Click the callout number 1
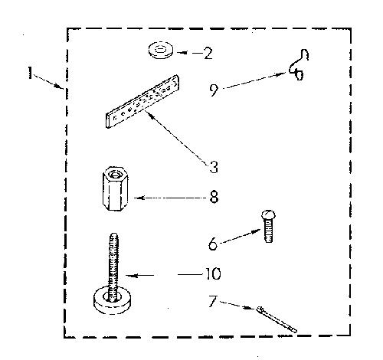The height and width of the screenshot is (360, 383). point(30,73)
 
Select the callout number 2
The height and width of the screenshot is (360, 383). point(208,54)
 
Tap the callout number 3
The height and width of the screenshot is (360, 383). point(213,167)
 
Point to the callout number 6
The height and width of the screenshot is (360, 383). point(213,244)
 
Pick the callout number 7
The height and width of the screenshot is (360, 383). point(213,301)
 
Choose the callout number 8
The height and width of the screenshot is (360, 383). point(214,197)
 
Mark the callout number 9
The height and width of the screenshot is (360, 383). point(214,90)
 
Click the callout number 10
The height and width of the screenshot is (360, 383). point(213,273)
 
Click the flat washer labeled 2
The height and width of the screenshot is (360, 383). point(160,50)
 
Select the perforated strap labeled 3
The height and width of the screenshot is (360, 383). point(142,101)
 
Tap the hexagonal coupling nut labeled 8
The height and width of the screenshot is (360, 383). point(115,188)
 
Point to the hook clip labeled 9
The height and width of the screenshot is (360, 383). point(299,65)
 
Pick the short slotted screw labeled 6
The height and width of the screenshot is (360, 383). point(268,226)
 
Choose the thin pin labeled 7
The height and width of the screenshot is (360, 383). point(277,319)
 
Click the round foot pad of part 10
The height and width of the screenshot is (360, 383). point(112,300)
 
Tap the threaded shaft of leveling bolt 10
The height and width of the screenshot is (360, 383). point(113,267)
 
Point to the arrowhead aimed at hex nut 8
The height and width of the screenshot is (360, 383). point(139,198)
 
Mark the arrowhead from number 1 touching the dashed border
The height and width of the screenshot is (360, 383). point(59,86)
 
